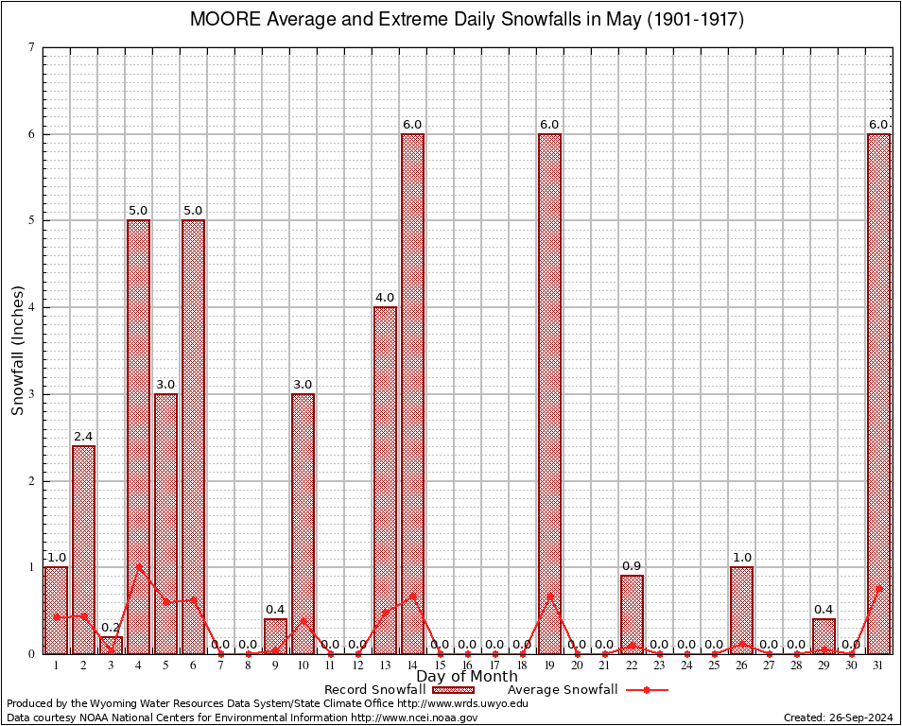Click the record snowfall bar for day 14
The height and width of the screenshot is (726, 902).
(412, 393)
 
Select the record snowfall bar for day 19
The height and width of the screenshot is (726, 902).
(549, 393)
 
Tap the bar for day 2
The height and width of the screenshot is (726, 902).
(83, 549)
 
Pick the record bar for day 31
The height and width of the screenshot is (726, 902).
(878, 393)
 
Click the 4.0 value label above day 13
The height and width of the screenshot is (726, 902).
(385, 299)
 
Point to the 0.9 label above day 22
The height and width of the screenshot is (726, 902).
(632, 566)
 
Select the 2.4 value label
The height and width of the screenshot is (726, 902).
(83, 437)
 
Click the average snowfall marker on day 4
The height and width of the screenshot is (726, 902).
(138, 567)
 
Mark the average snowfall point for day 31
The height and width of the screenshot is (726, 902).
(878, 588)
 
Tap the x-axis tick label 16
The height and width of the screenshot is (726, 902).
(467, 665)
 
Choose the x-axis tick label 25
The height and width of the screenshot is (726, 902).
(714, 665)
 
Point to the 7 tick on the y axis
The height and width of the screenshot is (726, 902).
(32, 47)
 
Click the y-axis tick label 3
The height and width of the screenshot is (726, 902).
(32, 394)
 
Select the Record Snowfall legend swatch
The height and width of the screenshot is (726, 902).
(455, 690)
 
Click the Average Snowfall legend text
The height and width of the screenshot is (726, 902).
(563, 690)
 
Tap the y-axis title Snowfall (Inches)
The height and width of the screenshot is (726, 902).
(17, 351)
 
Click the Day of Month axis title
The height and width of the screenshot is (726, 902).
(466, 677)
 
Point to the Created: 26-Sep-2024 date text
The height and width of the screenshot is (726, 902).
(839, 717)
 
